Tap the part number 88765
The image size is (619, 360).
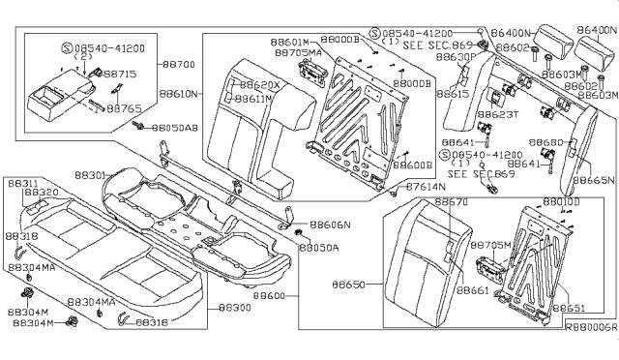(x=124, y=109)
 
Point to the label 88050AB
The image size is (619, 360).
(x=179, y=128)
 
